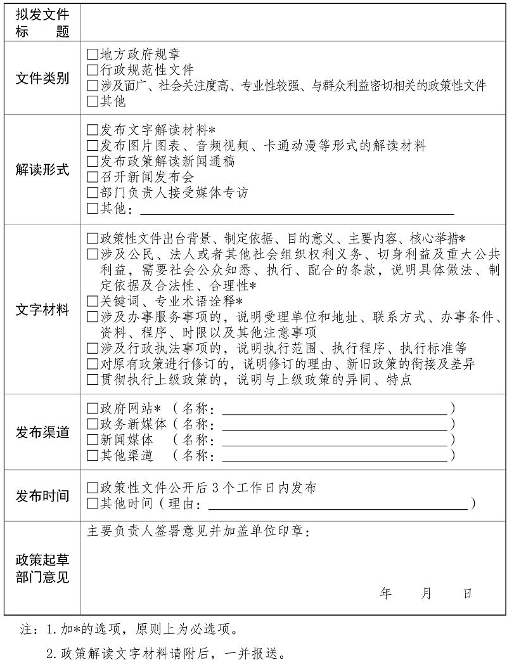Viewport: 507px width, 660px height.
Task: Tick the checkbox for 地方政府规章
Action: pos(93,55)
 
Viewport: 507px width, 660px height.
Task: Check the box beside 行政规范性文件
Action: pos(93,70)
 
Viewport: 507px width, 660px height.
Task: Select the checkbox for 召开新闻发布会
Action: pos(93,178)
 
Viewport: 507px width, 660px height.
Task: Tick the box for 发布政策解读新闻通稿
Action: pos(93,162)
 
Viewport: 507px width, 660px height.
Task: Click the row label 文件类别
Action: pos(42,79)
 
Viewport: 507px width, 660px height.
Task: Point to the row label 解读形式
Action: pos(42,170)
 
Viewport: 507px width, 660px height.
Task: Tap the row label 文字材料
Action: pos(42,311)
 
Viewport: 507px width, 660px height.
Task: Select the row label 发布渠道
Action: pos(42,432)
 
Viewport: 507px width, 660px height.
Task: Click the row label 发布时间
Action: pos(42,496)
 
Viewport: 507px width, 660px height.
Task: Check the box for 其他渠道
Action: pos(93,456)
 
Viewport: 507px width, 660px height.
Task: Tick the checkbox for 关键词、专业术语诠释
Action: pos(93,301)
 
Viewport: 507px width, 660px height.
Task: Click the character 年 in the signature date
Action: pos(385,593)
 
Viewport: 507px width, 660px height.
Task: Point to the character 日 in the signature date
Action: pos(468,593)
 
